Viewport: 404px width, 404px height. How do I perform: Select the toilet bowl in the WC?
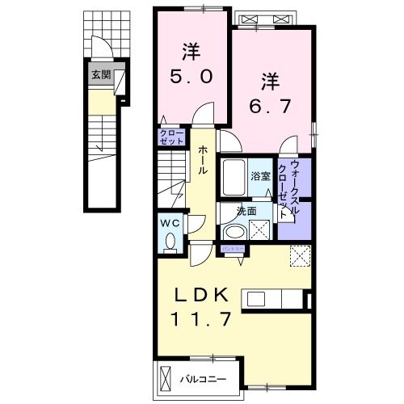click(x=170, y=240)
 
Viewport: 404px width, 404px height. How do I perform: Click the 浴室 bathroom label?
click(x=260, y=175)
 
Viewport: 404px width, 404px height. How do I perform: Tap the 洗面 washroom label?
click(x=246, y=209)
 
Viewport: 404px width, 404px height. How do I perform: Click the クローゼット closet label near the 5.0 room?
click(x=171, y=137)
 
